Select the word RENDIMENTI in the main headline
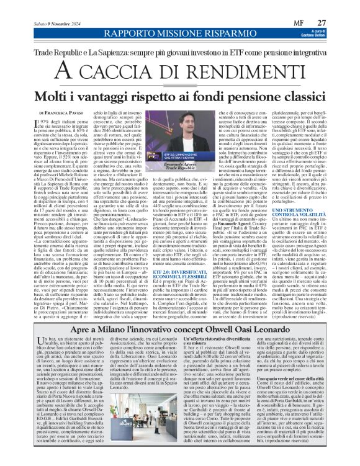(x=219, y=63)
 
